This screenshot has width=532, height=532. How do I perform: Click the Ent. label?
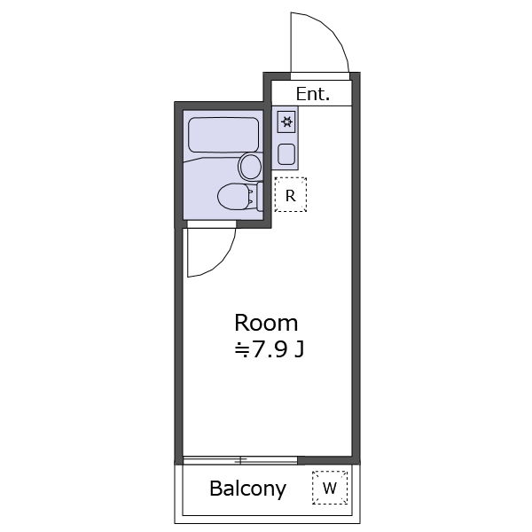click(x=312, y=94)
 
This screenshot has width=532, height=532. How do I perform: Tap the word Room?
click(x=266, y=323)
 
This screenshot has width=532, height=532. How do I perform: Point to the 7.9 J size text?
click(x=269, y=349)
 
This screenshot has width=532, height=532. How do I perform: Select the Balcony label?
click(x=248, y=489)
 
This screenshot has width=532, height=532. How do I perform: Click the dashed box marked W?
click(x=330, y=488)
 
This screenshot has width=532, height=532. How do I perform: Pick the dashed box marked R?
click(x=291, y=195)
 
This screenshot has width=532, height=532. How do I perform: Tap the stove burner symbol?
click(x=286, y=121)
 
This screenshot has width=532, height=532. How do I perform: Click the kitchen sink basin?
click(x=286, y=154)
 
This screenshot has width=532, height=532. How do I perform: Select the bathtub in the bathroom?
click(x=223, y=135)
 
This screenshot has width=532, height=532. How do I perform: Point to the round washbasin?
click(x=251, y=167)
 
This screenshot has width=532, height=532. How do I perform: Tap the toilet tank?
click(x=260, y=197)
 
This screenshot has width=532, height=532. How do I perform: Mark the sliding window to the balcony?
click(x=240, y=460)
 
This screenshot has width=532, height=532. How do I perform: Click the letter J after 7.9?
click(x=300, y=349)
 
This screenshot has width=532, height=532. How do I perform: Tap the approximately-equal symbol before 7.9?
click(x=242, y=350)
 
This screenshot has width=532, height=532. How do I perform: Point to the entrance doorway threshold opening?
click(x=320, y=76)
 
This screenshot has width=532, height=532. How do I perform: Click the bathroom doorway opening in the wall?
click(x=212, y=224)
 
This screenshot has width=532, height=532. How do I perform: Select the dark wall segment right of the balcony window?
click(x=328, y=460)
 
